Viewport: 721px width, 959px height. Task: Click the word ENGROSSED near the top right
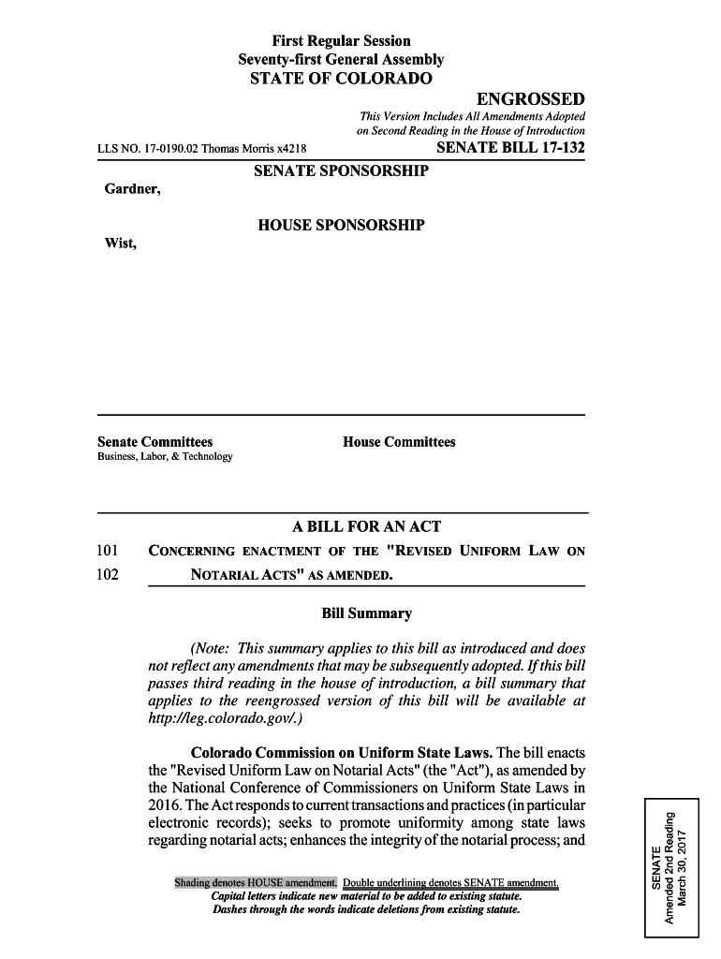(x=530, y=99)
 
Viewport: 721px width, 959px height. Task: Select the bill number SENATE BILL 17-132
(x=510, y=147)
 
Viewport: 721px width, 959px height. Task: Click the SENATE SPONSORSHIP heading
(x=341, y=171)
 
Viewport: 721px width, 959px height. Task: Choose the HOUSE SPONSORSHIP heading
(x=341, y=226)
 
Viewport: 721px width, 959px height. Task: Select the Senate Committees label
(x=155, y=441)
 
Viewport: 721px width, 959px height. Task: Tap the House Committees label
(x=399, y=441)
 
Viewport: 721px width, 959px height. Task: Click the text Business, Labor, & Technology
(x=165, y=457)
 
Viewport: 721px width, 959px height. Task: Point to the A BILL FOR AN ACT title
(x=341, y=527)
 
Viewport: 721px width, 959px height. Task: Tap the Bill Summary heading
(x=366, y=614)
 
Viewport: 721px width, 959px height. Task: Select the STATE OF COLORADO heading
(x=341, y=78)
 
